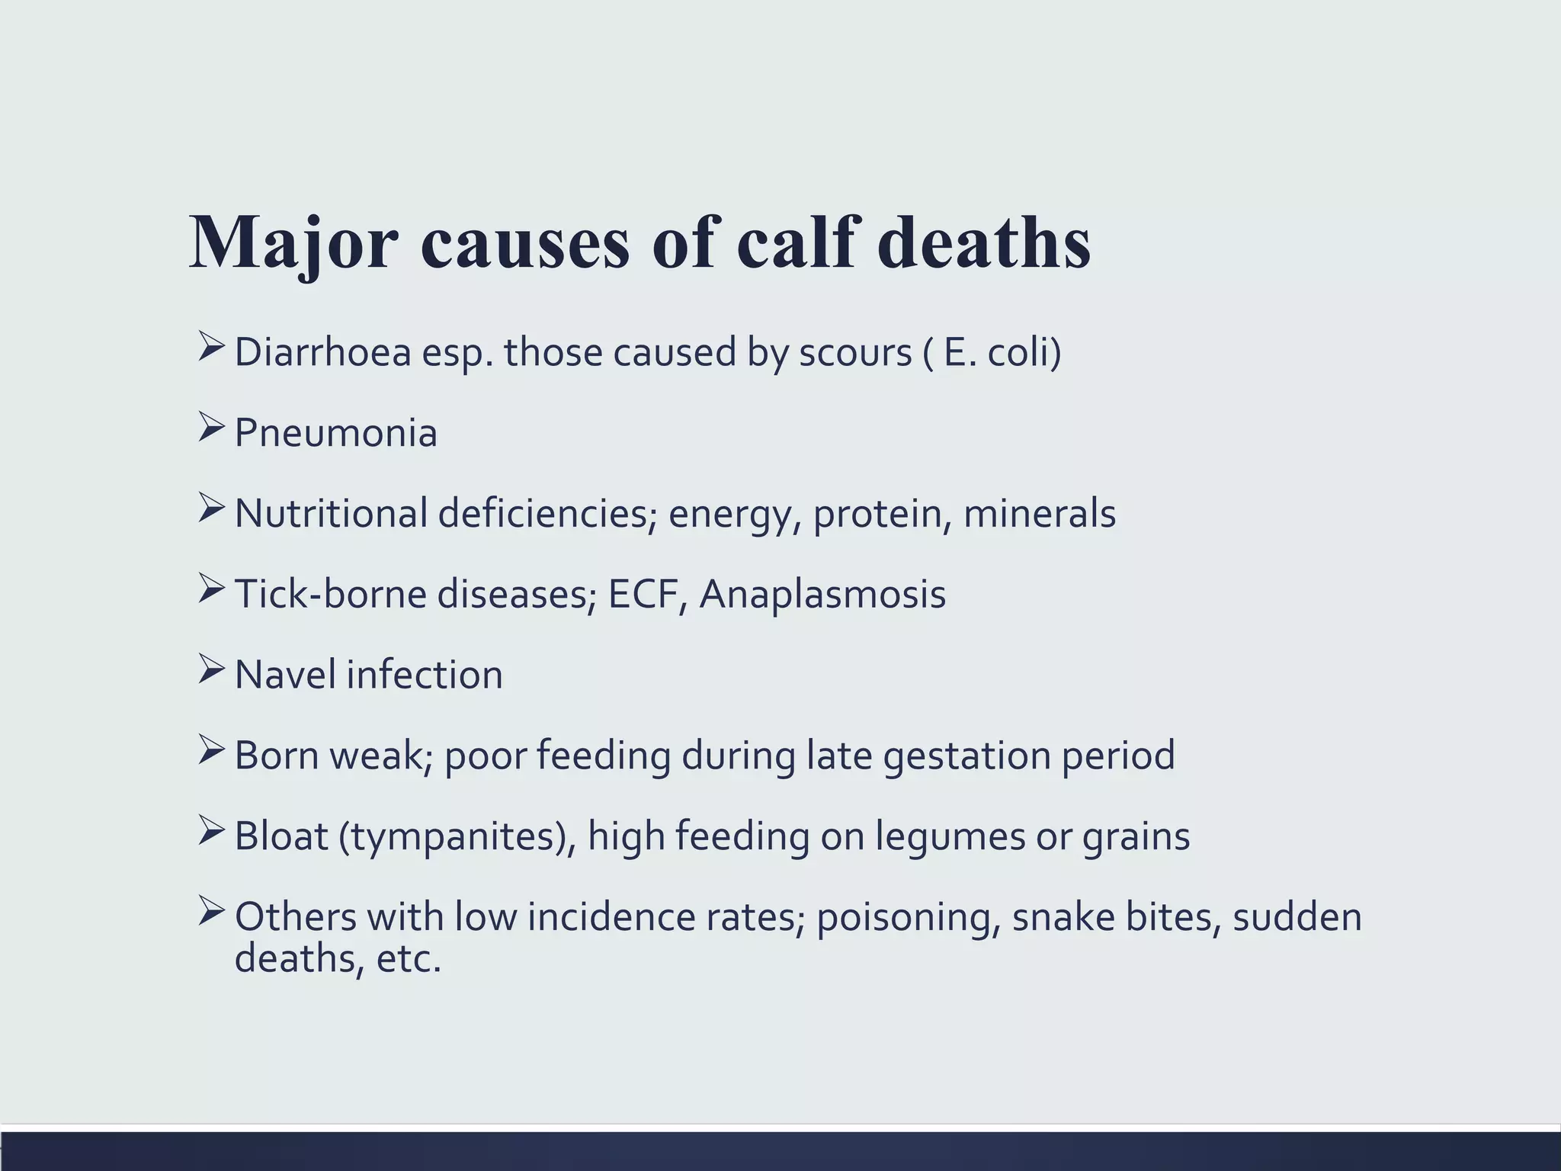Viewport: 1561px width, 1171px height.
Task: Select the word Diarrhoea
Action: coord(322,353)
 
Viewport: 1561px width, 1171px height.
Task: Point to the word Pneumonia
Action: coord(335,434)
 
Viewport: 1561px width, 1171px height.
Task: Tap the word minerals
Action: coord(1039,514)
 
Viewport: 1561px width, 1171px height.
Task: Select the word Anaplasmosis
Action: coord(822,595)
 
